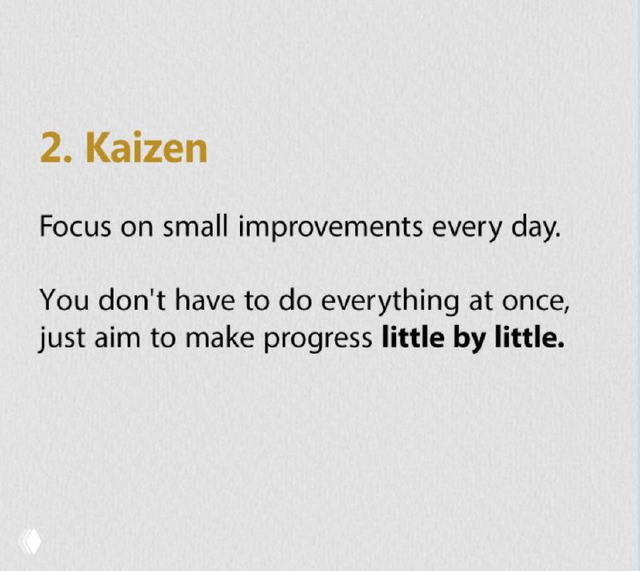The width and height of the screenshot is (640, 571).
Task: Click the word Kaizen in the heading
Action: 146,148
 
